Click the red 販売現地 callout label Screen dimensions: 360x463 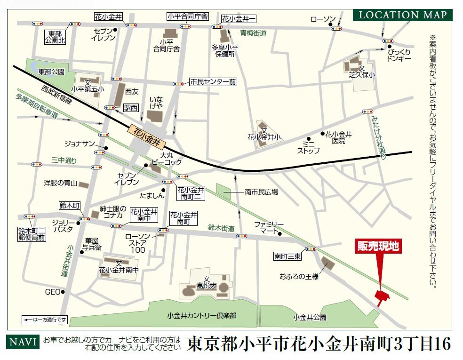(x=378, y=246)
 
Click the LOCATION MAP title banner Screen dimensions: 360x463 (x=403, y=15)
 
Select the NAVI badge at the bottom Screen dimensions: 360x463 (x=23, y=342)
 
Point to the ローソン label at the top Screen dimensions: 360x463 (x=323, y=19)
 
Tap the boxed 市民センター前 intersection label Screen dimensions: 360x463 (x=213, y=82)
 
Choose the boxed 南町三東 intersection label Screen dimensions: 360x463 (x=287, y=256)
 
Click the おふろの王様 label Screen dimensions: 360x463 (x=299, y=277)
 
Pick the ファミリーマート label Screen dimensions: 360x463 (x=269, y=227)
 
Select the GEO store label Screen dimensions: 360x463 (x=52, y=292)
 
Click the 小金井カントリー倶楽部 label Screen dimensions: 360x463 (x=201, y=316)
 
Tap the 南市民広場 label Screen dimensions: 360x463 (x=261, y=192)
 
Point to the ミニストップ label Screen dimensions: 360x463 (x=308, y=147)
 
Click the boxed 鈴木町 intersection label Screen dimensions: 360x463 (x=70, y=206)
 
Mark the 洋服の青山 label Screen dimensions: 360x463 (x=60, y=183)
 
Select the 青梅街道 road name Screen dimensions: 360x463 (x=253, y=33)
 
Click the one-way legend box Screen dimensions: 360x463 (x=45, y=320)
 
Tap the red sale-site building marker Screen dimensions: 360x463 (x=381, y=296)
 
